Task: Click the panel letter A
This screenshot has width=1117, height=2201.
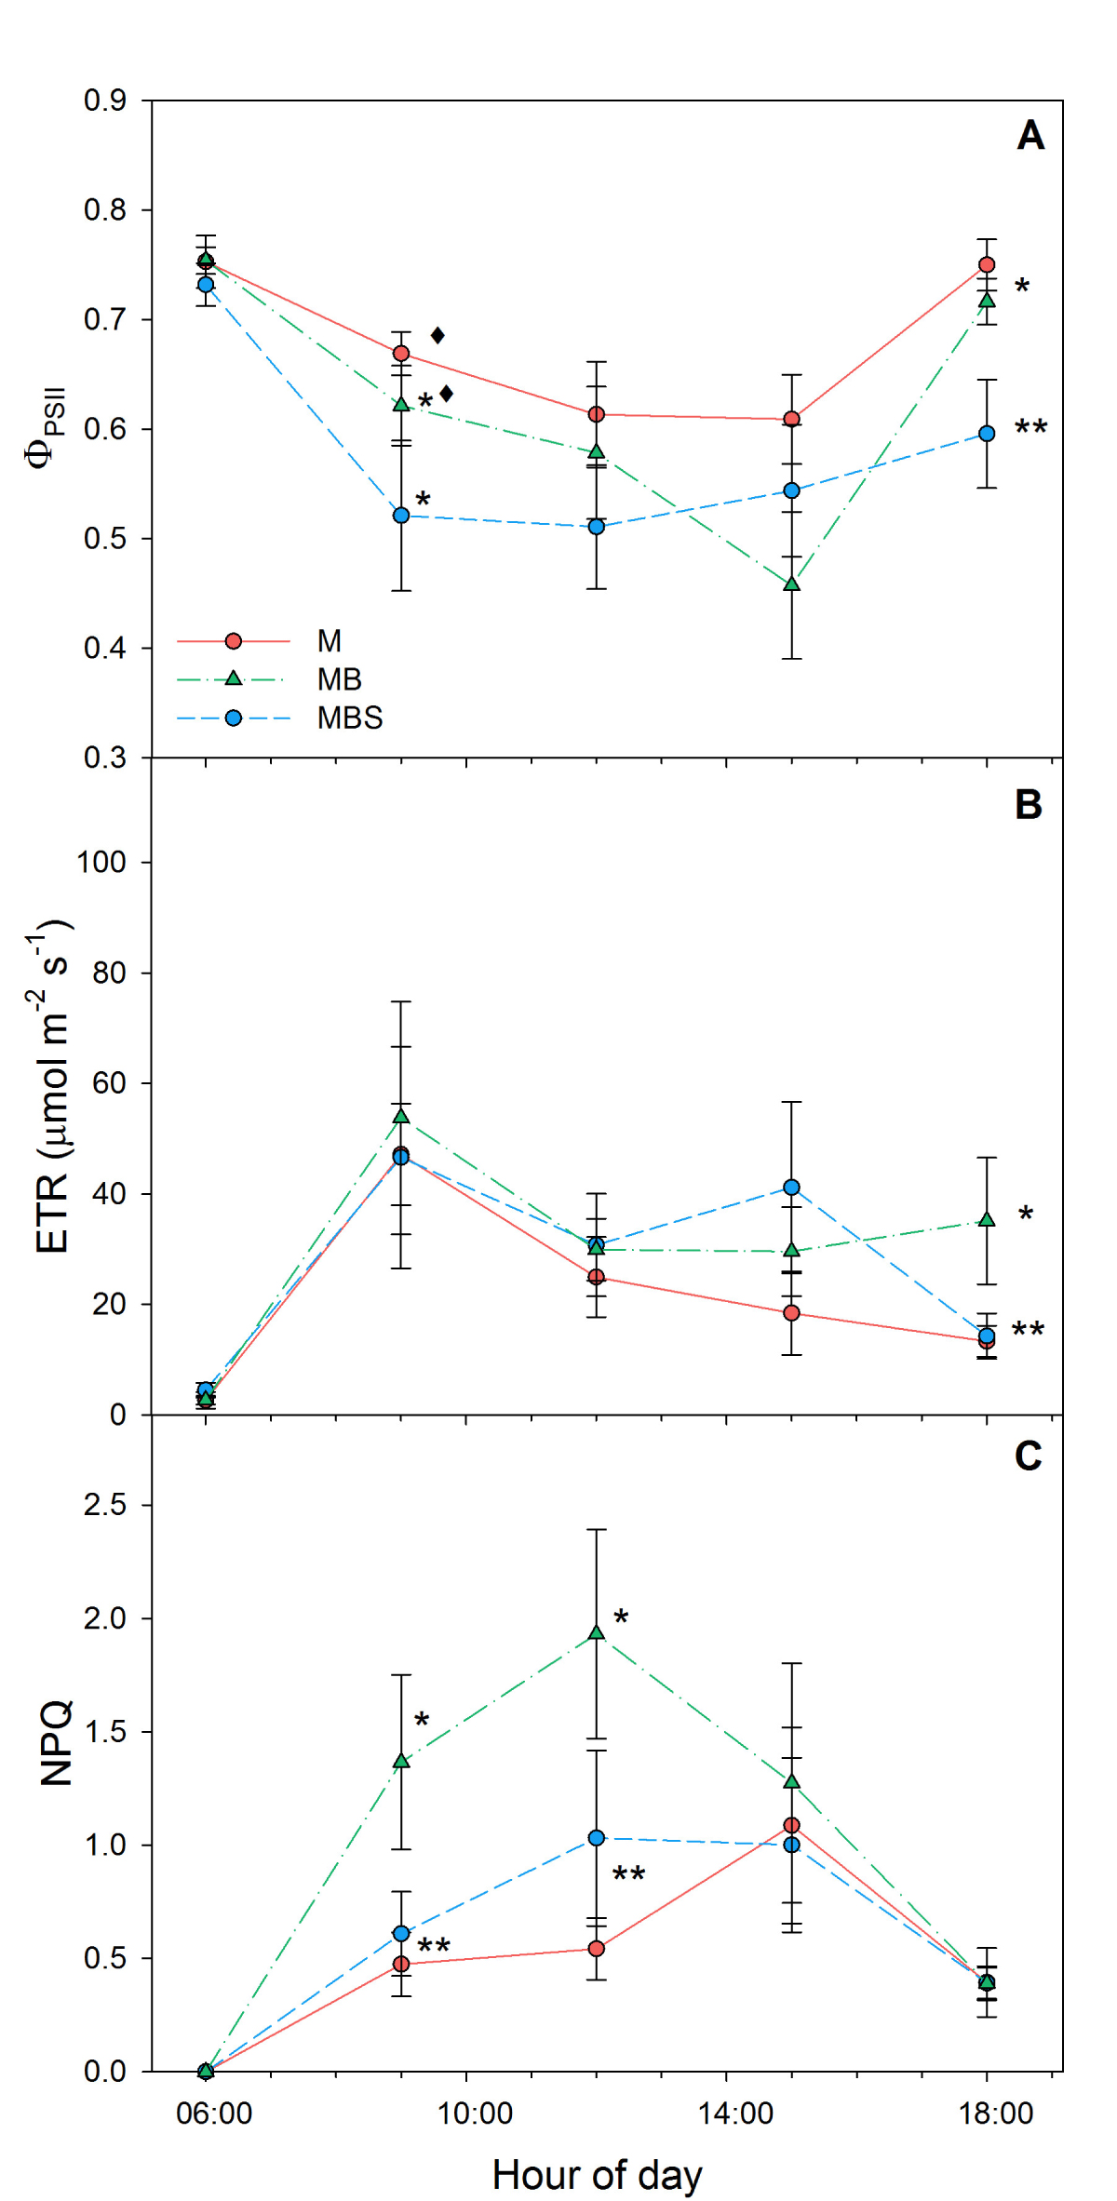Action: [1030, 136]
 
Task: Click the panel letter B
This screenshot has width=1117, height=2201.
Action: [1029, 805]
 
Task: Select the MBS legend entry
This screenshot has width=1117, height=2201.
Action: [349, 718]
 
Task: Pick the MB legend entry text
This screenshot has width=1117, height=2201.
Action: [339, 679]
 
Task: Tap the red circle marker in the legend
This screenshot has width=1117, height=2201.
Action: [234, 641]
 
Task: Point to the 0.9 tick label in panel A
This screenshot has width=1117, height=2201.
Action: [105, 101]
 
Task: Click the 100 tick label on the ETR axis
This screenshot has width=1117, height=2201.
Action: [101, 863]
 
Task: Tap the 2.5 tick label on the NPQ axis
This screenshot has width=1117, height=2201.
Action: [105, 1505]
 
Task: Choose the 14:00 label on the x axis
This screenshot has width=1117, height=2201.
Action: [735, 2114]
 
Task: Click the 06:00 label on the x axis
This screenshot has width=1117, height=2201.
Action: [214, 2114]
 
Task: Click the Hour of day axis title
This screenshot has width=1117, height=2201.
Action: [597, 2175]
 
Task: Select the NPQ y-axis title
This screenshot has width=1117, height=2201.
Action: [57, 1742]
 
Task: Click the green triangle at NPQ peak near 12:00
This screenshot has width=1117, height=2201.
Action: [597, 1632]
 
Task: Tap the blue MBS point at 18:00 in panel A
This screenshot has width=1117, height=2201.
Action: [987, 434]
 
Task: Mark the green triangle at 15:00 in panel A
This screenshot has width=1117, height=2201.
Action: [792, 584]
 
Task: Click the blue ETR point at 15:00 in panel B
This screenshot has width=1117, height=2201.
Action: [792, 1188]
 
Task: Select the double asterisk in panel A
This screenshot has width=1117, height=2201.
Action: [1030, 429]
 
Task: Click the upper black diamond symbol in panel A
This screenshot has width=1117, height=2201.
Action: [437, 335]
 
